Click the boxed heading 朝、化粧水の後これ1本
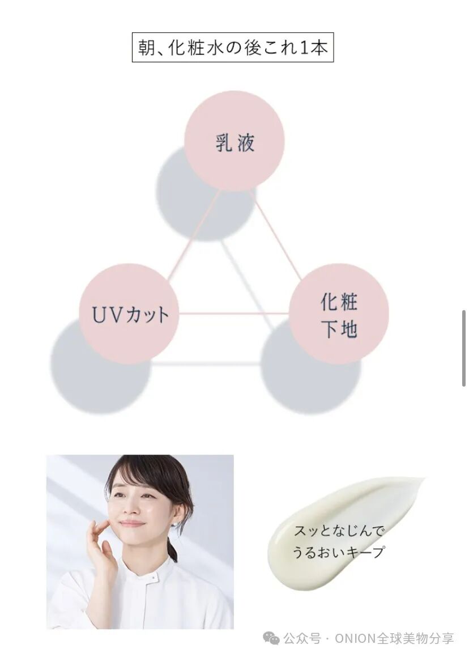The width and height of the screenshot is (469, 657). tap(233, 48)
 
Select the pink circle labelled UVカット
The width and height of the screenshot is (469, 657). tap(129, 313)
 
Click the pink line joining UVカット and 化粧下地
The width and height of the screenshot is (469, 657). tap(233, 313)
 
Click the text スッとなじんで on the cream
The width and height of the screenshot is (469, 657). tap(339, 532)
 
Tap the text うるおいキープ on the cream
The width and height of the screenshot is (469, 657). tap(339, 552)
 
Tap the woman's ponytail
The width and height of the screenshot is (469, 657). tap(172, 549)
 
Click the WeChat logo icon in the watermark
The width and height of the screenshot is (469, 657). tap(274, 639)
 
